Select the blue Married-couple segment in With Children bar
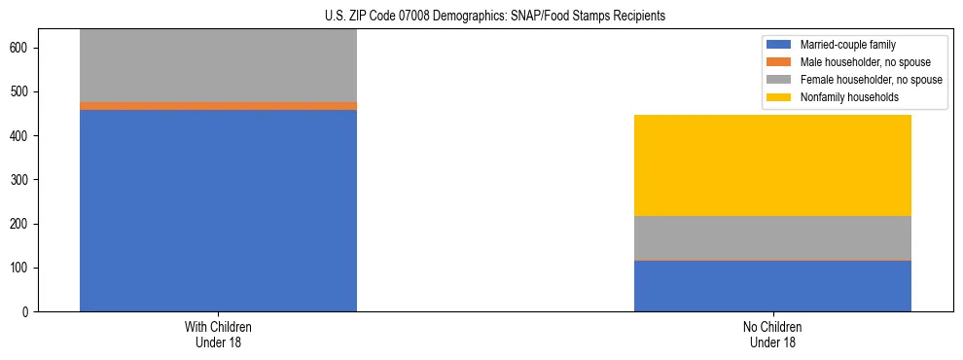click(218, 210)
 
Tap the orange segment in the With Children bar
click(218, 106)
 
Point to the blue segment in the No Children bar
click(772, 286)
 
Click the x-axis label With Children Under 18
click(218, 335)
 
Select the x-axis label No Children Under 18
click(772, 335)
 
